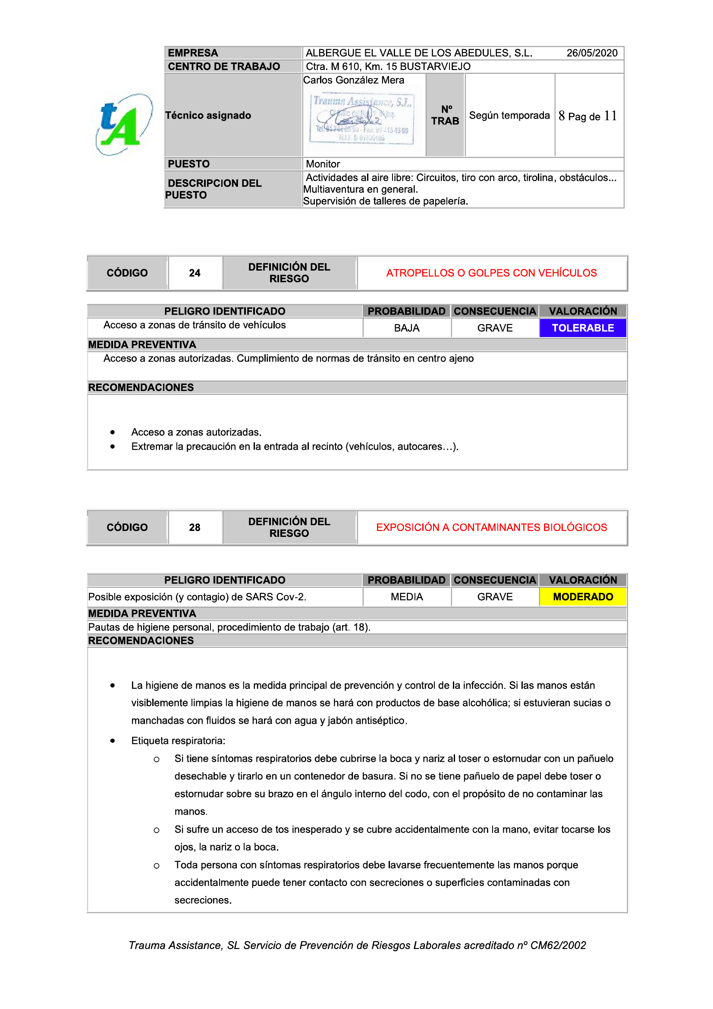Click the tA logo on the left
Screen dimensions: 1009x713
[x=123, y=124]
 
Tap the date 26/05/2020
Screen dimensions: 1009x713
[x=591, y=53]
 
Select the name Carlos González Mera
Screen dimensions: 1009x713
[x=353, y=80]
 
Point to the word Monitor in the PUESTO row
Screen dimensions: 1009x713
[x=323, y=164]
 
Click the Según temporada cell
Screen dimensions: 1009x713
[x=509, y=115]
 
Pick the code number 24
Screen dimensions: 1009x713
[x=195, y=273]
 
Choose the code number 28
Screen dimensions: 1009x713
[x=195, y=527]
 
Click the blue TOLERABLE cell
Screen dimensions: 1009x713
[x=583, y=328]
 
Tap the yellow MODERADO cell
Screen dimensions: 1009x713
[x=583, y=597]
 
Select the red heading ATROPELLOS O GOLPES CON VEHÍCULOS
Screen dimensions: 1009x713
[x=491, y=273]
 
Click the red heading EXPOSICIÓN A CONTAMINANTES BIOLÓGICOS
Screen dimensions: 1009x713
[x=491, y=527]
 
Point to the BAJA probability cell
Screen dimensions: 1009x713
[x=406, y=328]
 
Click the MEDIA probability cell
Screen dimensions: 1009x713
[x=406, y=597]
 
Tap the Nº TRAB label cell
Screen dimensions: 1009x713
[x=445, y=115]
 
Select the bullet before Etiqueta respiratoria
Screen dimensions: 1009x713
[x=113, y=741]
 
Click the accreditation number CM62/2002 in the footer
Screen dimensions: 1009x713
[x=558, y=945]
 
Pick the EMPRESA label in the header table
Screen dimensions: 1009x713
[x=193, y=53]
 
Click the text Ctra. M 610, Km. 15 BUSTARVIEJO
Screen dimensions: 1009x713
[x=388, y=66]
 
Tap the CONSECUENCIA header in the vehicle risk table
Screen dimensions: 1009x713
[x=495, y=311]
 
